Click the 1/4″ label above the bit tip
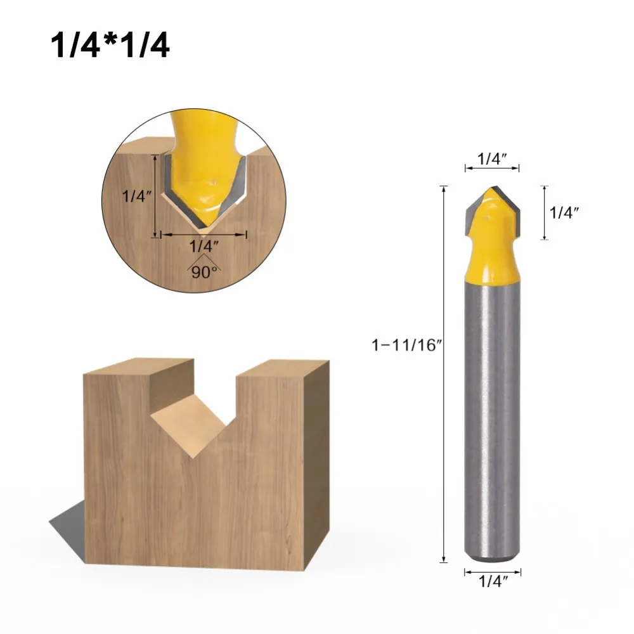tap(493, 160)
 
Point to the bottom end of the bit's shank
tap(493, 558)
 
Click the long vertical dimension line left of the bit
tap(444, 374)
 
